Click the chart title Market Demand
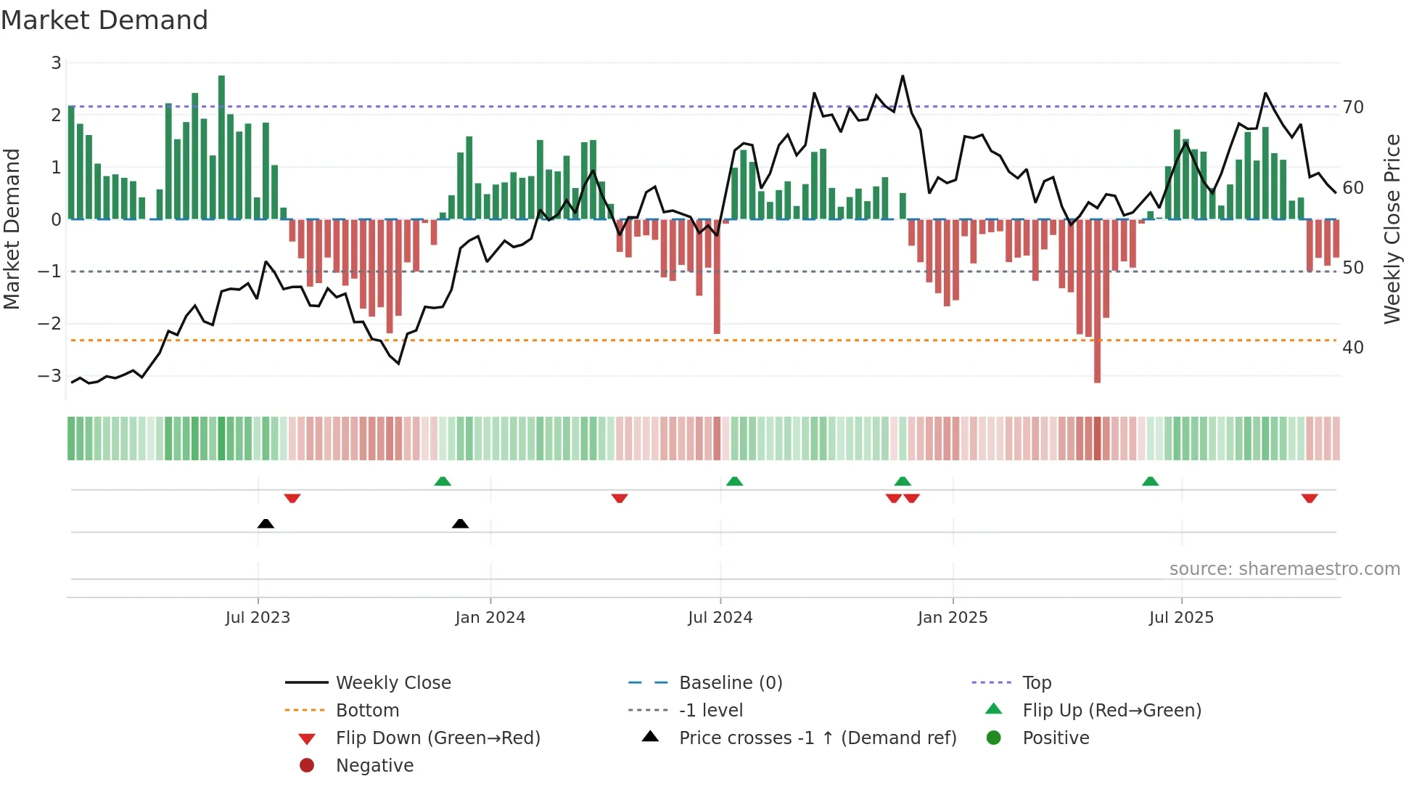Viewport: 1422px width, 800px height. tap(104, 20)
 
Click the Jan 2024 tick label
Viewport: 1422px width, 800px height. tap(490, 618)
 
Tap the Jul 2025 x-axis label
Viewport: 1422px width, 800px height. tap(1181, 618)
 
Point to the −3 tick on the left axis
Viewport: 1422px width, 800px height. tap(49, 376)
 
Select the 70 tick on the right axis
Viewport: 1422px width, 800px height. tap(1353, 107)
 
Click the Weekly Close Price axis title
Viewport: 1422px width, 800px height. tap(1392, 229)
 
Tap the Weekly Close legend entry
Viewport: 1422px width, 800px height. tap(393, 683)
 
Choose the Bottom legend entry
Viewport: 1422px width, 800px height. tap(367, 711)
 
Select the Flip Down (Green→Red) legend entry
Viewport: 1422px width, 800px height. tap(437, 738)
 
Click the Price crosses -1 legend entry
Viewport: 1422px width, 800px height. tap(817, 738)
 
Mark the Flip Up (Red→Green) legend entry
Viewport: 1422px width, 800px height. tap(1111, 711)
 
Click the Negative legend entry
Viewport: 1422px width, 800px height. tap(374, 766)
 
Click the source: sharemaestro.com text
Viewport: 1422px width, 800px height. tap(1284, 569)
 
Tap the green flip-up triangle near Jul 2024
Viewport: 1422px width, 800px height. tap(734, 481)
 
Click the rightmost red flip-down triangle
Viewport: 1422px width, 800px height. tap(1310, 498)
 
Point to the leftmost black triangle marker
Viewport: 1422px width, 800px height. tap(266, 523)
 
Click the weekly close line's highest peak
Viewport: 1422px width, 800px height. tap(903, 76)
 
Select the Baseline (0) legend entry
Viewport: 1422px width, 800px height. tap(730, 683)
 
